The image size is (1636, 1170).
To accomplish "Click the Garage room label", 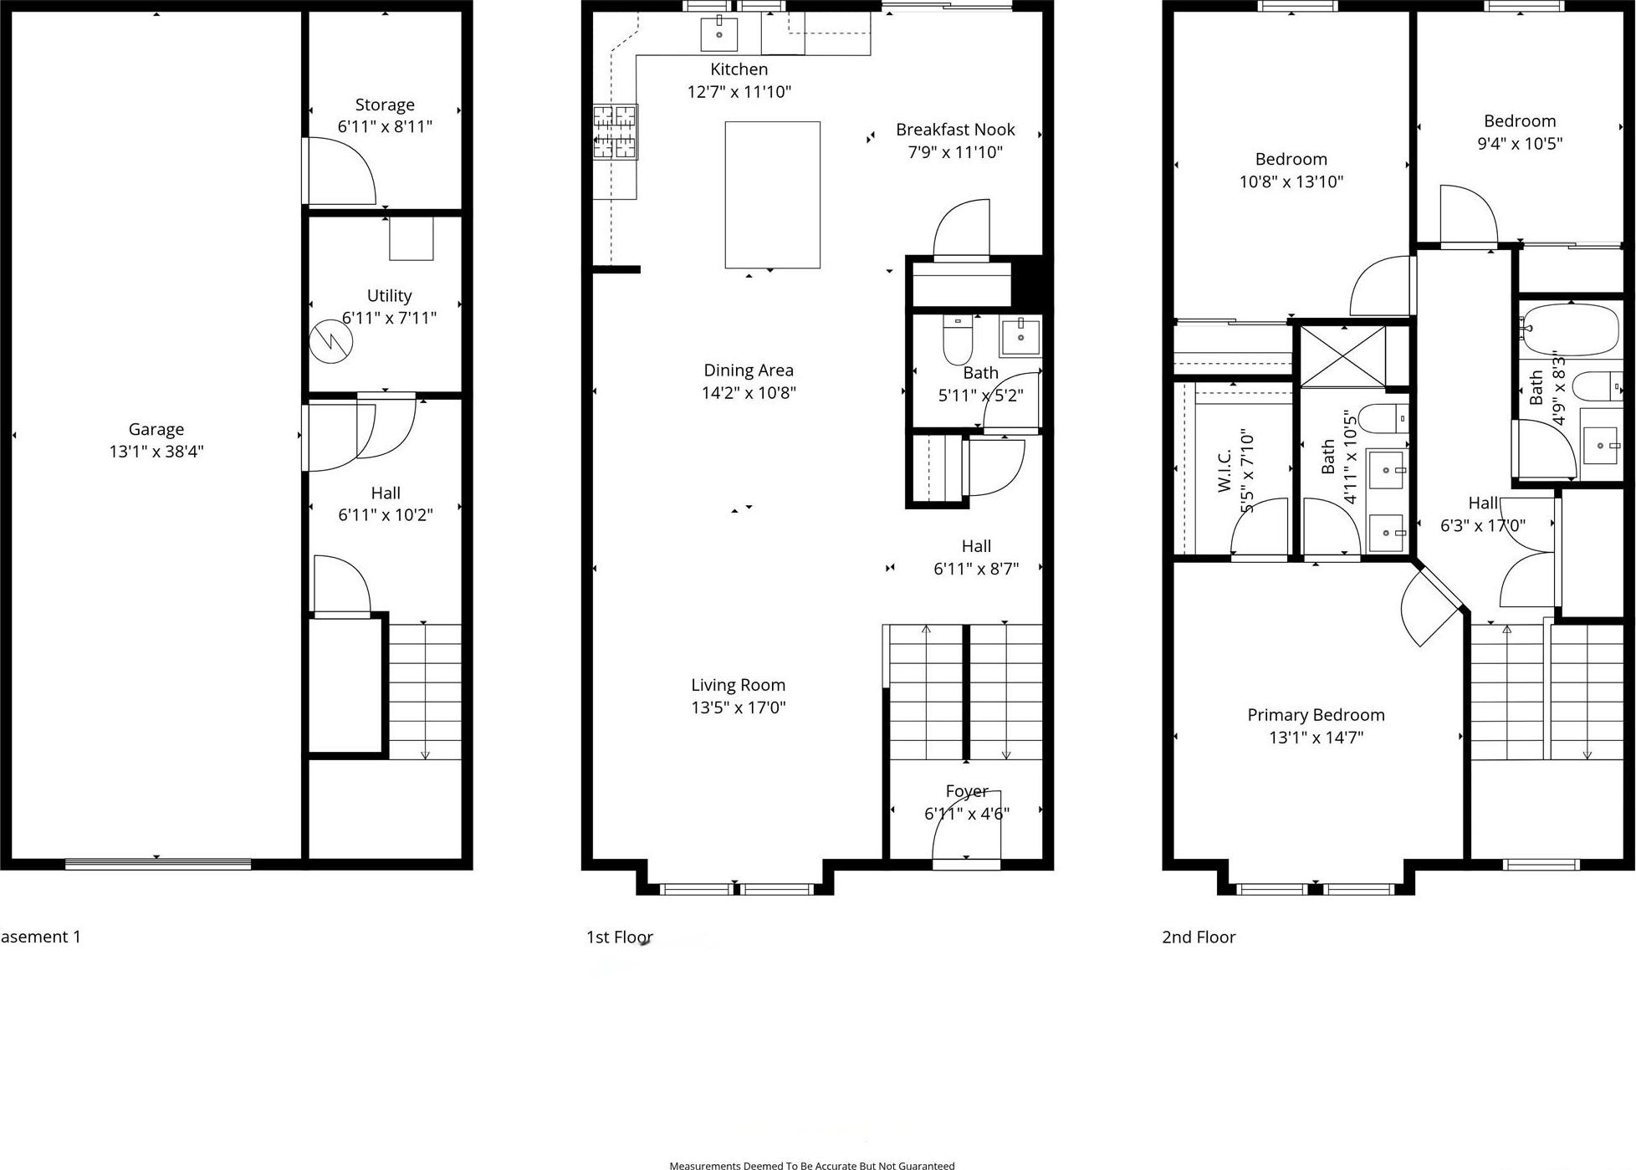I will pyautogui.click(x=156, y=429).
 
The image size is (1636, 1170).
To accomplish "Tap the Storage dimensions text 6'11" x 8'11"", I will pyautogui.click(x=385, y=127).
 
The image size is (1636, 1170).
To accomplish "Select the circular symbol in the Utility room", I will pyautogui.click(x=331, y=341).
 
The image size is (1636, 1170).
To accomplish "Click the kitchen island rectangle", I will pyautogui.click(x=772, y=195).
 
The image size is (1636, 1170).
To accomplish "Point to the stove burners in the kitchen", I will pyautogui.click(x=616, y=132).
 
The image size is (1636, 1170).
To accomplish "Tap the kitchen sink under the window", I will pyautogui.click(x=718, y=34).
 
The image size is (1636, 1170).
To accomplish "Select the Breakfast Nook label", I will pyautogui.click(x=955, y=130).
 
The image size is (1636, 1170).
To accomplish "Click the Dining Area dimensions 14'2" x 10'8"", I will pyautogui.click(x=749, y=392).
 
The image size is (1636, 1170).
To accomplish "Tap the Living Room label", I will pyautogui.click(x=738, y=685).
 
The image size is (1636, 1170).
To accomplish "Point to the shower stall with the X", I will pyautogui.click(x=1342, y=356).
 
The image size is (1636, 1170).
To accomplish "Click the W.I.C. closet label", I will pyautogui.click(x=1224, y=471).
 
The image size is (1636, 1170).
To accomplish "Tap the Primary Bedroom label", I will pyautogui.click(x=1316, y=715).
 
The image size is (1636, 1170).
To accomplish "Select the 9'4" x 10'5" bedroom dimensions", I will pyautogui.click(x=1520, y=143).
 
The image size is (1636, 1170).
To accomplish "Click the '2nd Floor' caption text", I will pyautogui.click(x=1199, y=938).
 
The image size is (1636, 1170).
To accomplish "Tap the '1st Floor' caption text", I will pyautogui.click(x=619, y=938).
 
